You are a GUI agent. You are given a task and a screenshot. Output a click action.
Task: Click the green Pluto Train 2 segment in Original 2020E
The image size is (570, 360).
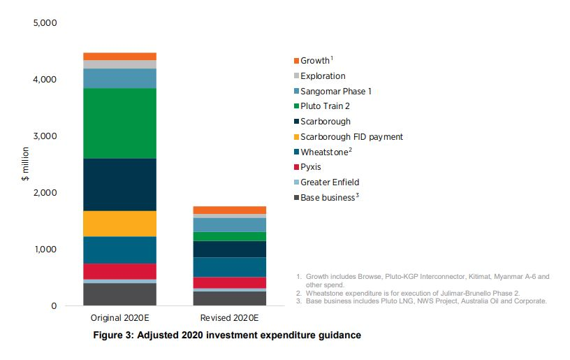119,123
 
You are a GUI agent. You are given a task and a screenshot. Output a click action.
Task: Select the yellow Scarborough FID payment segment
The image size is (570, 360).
119,223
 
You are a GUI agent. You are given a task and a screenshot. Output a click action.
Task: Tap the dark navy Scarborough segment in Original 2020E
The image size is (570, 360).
119,185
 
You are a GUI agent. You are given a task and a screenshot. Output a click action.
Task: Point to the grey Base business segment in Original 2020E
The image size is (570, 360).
119,294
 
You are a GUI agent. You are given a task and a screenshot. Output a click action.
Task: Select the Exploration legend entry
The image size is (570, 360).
323,75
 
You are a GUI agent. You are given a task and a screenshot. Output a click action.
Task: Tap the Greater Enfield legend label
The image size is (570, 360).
329,182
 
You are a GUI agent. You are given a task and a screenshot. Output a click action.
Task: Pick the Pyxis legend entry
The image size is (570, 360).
311,167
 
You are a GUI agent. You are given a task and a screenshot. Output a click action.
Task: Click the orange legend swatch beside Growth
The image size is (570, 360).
296,61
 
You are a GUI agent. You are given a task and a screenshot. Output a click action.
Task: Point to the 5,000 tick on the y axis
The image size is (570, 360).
45,23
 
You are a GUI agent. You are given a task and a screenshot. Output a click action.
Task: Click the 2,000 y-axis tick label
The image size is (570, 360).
45,193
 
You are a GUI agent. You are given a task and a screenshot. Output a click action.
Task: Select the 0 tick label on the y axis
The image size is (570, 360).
54,306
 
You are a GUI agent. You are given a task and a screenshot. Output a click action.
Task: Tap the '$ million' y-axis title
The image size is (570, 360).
24,164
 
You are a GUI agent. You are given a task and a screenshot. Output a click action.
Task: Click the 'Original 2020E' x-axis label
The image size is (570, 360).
119,319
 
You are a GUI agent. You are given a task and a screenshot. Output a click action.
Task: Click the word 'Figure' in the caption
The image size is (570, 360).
109,336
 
